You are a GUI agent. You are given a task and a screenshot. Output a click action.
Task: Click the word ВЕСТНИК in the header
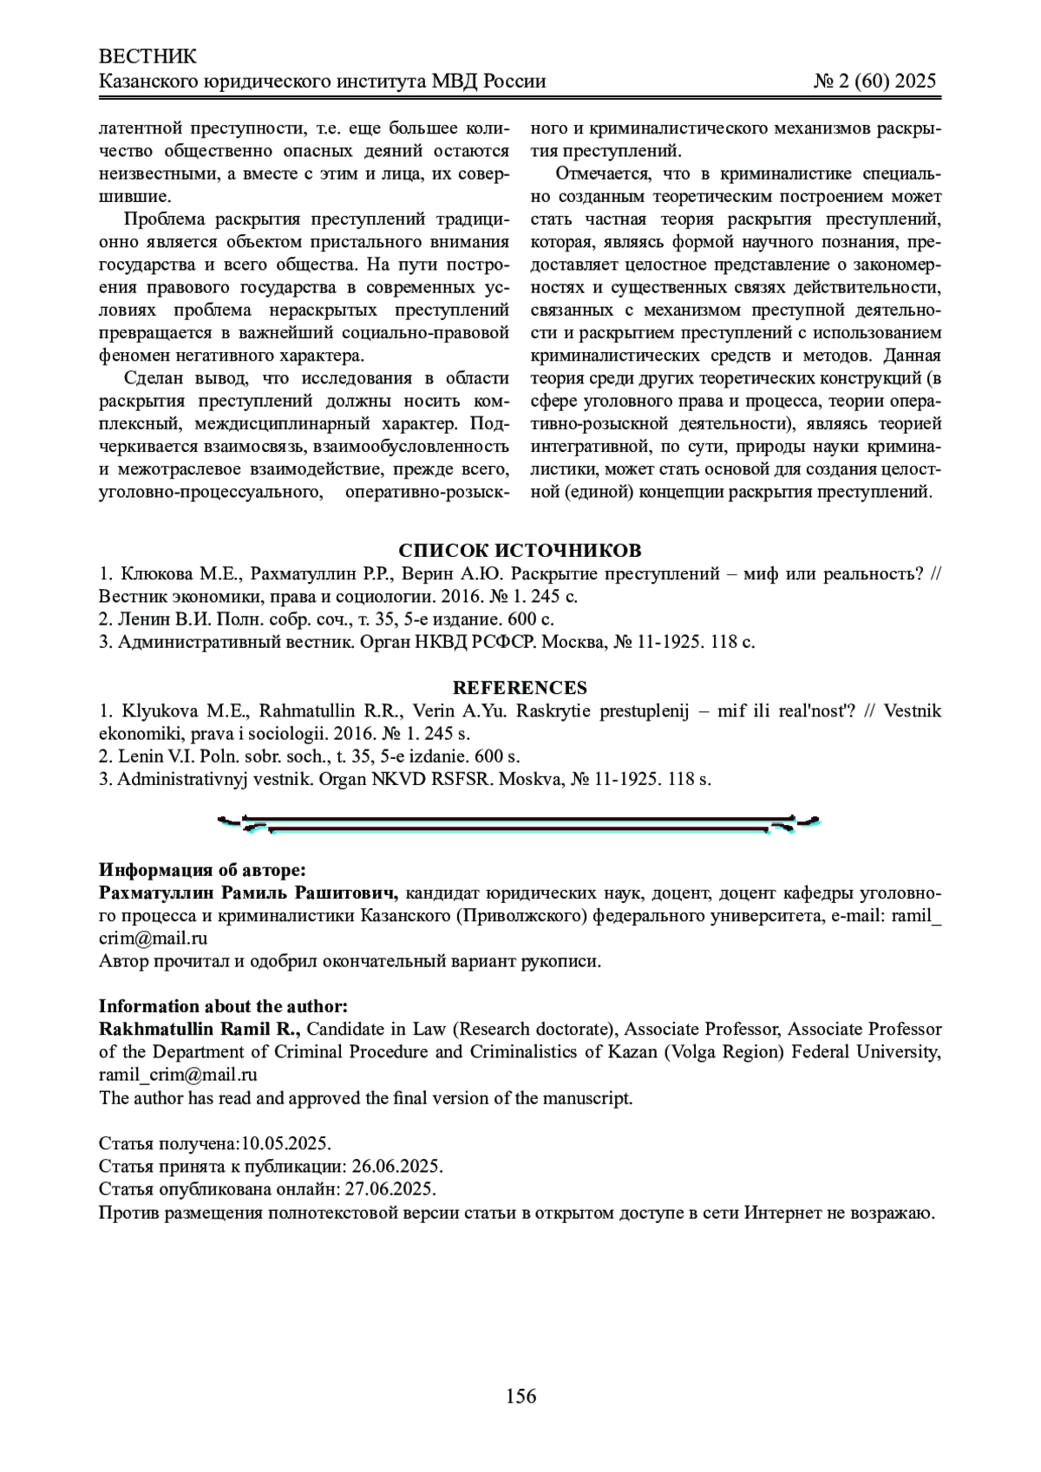[x=148, y=57]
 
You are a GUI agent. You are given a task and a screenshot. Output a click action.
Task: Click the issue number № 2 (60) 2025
[x=874, y=82]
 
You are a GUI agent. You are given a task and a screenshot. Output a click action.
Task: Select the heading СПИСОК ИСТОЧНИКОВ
[x=520, y=552]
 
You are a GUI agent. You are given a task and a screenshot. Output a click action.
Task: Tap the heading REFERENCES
[x=520, y=688]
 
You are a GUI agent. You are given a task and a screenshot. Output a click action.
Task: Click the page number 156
[x=520, y=1397]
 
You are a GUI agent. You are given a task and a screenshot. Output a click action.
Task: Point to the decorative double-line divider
[x=519, y=823]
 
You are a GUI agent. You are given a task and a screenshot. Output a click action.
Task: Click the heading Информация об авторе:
[x=202, y=870]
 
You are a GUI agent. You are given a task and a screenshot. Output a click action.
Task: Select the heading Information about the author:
[x=223, y=1006]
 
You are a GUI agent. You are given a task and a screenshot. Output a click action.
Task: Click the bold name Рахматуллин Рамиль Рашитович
[x=248, y=893]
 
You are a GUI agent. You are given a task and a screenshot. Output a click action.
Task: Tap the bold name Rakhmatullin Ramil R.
[x=200, y=1030]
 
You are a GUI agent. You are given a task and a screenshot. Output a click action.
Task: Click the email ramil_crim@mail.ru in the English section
[x=178, y=1075]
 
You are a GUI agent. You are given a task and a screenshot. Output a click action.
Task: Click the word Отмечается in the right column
[x=599, y=174]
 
